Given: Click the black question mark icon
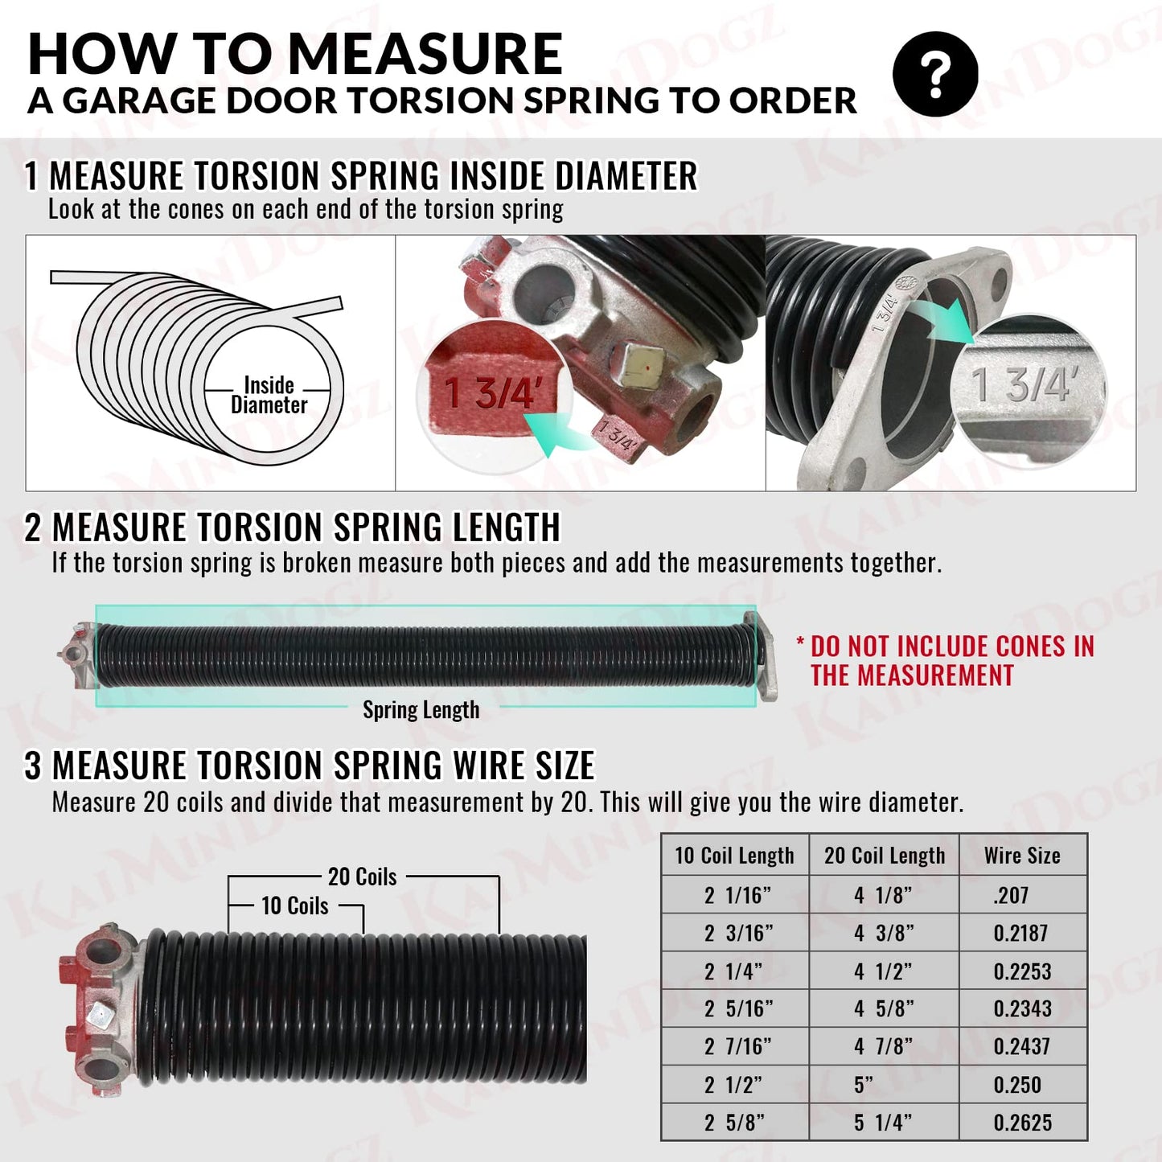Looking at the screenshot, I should click(x=935, y=75).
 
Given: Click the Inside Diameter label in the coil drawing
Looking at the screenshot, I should click(x=269, y=395).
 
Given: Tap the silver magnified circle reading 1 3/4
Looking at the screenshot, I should click(x=1026, y=384).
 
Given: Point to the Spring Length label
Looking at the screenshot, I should click(x=421, y=710).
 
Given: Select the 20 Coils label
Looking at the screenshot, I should click(x=362, y=877).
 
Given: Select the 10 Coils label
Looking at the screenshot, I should click(x=294, y=906).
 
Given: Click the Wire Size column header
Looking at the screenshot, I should click(x=1022, y=856).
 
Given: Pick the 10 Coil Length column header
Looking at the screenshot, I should click(x=734, y=856).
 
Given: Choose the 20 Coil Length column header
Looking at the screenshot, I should click(x=885, y=856).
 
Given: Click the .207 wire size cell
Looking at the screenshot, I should click(x=1011, y=895).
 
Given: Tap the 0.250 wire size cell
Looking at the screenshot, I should click(x=1017, y=1085).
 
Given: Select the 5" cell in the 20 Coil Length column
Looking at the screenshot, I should click(x=864, y=1085).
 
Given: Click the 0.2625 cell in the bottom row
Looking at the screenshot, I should click(x=1022, y=1123).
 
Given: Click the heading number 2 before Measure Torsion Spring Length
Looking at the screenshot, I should click(x=33, y=528).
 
